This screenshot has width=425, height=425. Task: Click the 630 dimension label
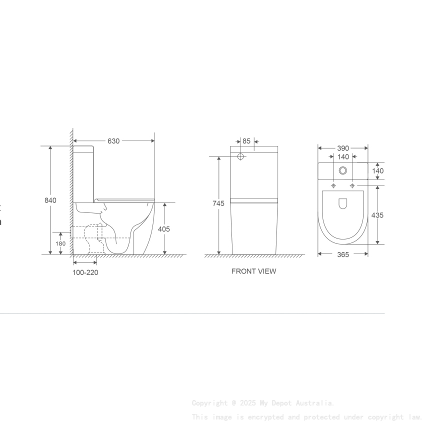click(x=113, y=141)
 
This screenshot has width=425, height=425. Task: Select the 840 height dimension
click(x=50, y=200)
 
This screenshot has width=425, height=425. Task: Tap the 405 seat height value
click(x=164, y=229)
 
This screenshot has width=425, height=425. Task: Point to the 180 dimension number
click(x=60, y=244)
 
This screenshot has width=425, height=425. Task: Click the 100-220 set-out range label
click(x=85, y=272)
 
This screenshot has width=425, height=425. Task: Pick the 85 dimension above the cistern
click(x=246, y=141)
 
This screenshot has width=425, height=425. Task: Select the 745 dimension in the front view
click(x=218, y=203)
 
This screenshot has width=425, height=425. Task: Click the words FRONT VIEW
click(x=253, y=271)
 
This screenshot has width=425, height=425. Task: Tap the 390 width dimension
click(x=343, y=148)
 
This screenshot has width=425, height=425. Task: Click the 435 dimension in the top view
click(x=378, y=215)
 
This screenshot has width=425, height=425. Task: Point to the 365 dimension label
click(x=343, y=254)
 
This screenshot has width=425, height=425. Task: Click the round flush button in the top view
click(x=343, y=170)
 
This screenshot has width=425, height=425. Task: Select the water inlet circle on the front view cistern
click(x=240, y=156)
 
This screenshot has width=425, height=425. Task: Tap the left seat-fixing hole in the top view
click(x=333, y=185)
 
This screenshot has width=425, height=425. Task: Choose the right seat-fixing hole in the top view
click(x=352, y=185)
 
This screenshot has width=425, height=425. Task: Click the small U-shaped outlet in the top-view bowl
click(x=343, y=203)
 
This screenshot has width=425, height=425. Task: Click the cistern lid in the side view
click(x=83, y=148)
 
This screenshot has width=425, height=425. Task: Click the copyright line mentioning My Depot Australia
click(x=263, y=403)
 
